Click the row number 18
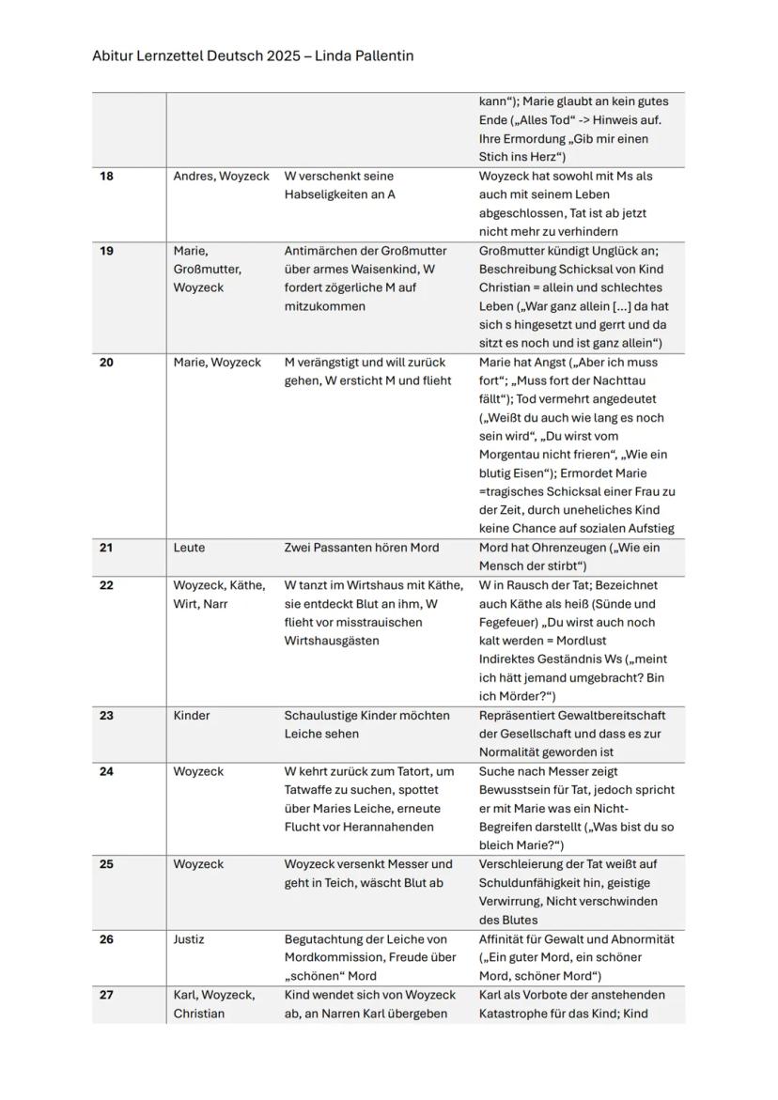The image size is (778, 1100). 106,177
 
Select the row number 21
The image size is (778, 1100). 106,548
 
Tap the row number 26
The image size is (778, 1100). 106,939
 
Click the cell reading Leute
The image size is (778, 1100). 189,548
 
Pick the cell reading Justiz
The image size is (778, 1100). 189,939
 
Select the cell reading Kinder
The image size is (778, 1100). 193,716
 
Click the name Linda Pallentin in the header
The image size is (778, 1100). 365,56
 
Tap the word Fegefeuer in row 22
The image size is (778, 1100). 507,623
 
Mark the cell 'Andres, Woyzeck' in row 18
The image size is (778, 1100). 221,177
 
